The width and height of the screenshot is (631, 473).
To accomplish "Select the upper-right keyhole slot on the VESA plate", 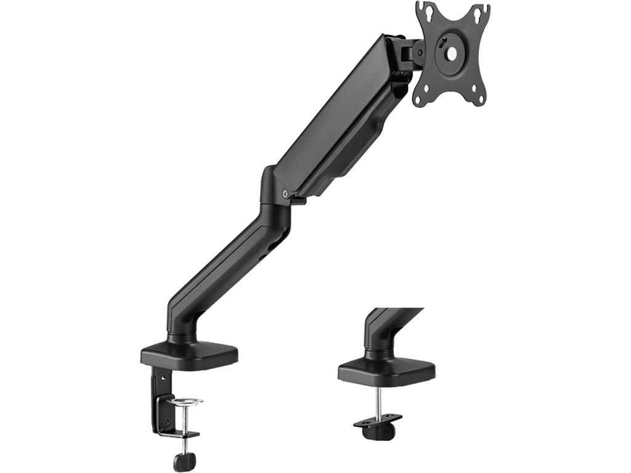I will [x=479, y=12].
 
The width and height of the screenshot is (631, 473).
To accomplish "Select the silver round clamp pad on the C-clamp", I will [x=185, y=402].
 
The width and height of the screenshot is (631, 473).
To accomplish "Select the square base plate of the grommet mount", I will [x=386, y=369].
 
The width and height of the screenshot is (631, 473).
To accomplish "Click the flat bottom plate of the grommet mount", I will [x=377, y=420].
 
